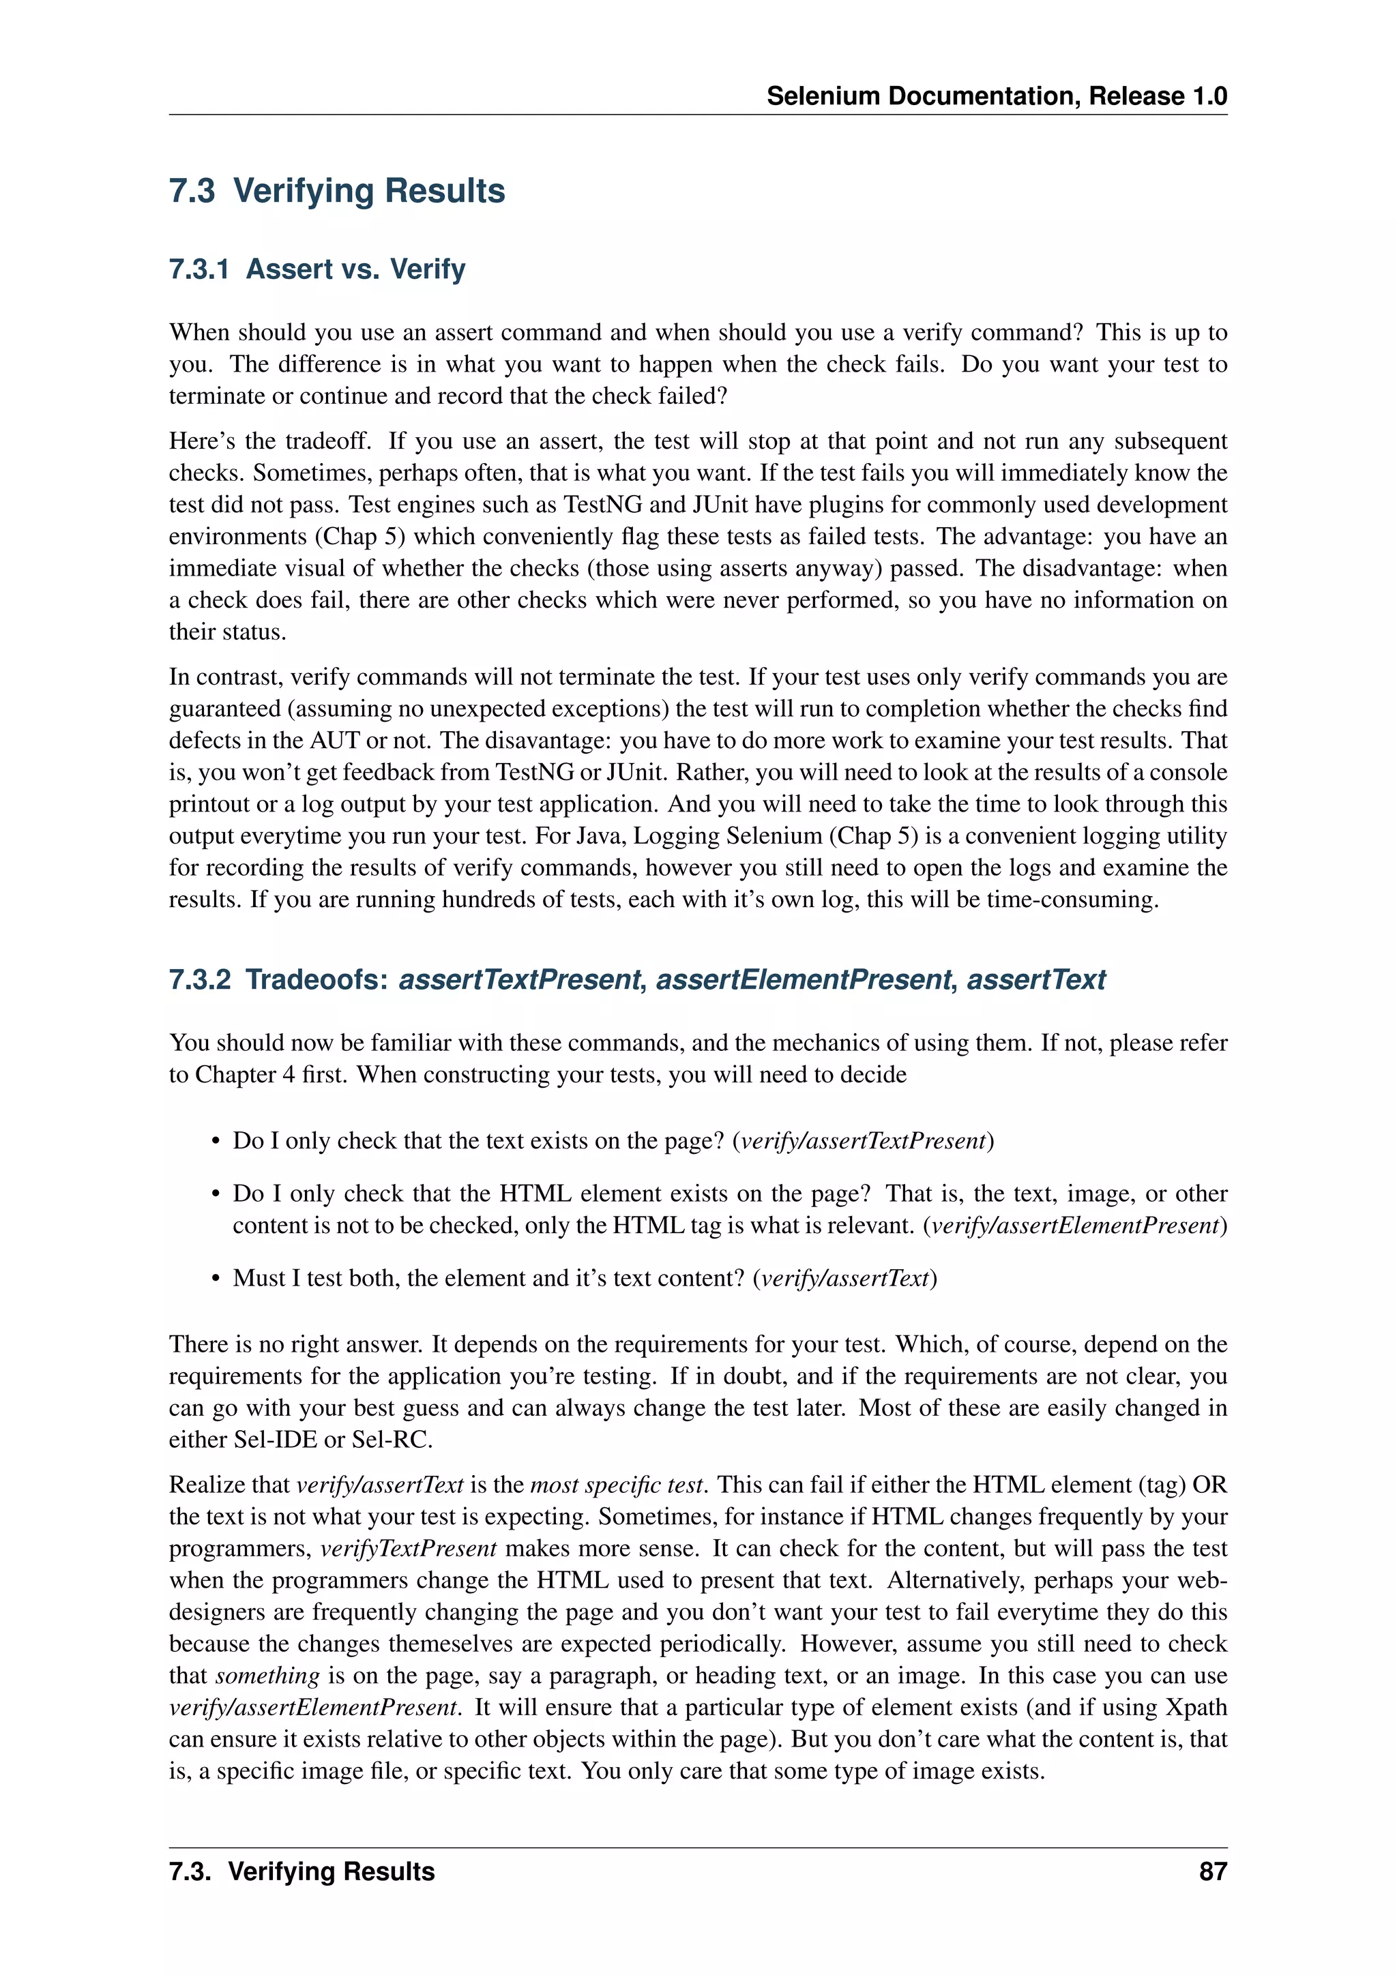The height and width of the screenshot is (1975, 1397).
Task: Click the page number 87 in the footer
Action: point(1212,1871)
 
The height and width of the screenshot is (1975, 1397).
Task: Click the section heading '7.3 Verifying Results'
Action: point(336,191)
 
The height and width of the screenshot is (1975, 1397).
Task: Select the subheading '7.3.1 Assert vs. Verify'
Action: point(317,269)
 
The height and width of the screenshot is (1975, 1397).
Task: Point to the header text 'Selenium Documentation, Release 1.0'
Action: point(996,95)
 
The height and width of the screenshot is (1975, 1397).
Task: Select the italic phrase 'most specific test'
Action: point(619,1485)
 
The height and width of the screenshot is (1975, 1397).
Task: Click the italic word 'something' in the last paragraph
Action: point(267,1676)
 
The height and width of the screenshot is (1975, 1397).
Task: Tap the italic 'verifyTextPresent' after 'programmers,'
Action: point(409,1548)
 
